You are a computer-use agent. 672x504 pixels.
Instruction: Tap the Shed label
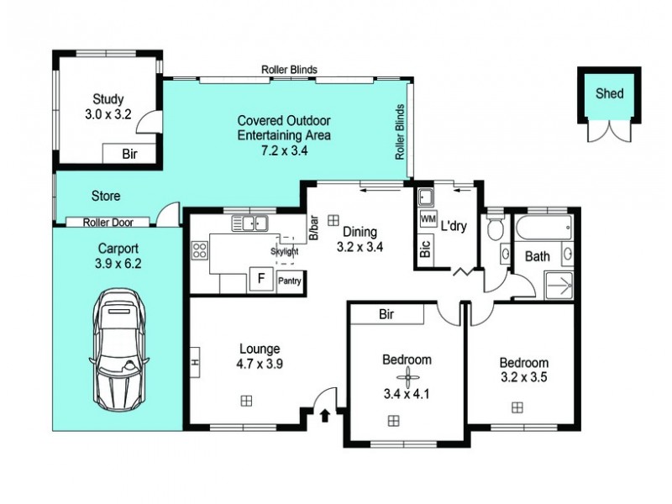[610, 93]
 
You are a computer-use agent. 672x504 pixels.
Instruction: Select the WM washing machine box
[428, 219]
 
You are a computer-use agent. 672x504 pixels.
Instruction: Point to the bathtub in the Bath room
[543, 228]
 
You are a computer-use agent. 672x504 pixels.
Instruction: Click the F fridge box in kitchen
[261, 279]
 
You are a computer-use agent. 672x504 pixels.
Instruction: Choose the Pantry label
[290, 281]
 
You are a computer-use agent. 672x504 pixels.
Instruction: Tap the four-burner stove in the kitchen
[200, 250]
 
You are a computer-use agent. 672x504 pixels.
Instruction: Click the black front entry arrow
[325, 416]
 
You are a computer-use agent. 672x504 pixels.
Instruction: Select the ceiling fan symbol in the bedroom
[407, 377]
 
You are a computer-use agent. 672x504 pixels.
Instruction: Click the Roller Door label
[108, 223]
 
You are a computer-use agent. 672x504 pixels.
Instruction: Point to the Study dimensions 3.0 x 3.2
[108, 114]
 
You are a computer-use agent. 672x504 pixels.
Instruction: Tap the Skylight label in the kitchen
[285, 251]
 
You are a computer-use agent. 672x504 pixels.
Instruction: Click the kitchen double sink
[250, 223]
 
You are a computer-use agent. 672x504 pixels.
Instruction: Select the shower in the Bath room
[559, 285]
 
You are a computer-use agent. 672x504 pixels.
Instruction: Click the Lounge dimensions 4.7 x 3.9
[260, 364]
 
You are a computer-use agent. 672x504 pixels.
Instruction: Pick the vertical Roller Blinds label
[400, 132]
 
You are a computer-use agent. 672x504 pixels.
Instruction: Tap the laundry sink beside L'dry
[426, 197]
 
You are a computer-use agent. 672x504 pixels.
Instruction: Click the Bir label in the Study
[129, 154]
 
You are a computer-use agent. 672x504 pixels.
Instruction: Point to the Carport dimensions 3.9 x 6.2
[118, 264]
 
